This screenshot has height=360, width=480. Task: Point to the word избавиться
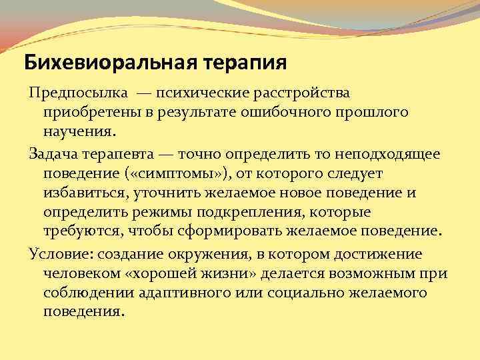[x=83, y=194]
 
